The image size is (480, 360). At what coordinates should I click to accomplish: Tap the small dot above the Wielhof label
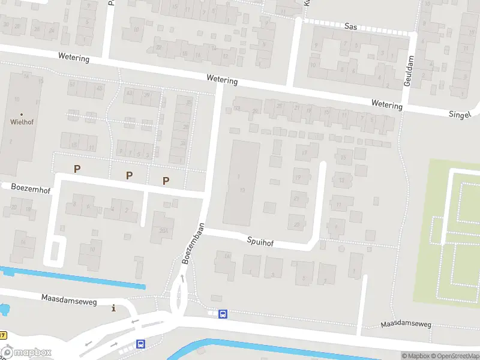(22, 114)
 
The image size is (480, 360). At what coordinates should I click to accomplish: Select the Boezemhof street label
(31, 187)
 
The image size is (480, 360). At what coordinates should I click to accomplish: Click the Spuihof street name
(260, 241)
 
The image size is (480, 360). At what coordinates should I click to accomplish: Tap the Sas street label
(351, 26)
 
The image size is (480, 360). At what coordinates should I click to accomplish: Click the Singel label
(461, 114)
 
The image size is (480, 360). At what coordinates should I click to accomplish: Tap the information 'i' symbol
(114, 308)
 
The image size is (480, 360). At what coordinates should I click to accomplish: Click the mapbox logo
(26, 353)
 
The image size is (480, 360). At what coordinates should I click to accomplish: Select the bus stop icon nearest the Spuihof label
(223, 314)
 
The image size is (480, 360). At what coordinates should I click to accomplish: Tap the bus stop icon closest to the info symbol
(140, 344)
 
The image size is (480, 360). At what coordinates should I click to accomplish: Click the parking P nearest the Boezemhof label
(77, 169)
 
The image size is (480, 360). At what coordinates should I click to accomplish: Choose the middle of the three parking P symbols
(129, 175)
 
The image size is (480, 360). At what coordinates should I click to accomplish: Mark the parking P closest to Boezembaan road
(166, 180)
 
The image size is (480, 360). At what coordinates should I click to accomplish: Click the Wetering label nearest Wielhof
(74, 58)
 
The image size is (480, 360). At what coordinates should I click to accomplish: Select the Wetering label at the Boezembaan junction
(222, 80)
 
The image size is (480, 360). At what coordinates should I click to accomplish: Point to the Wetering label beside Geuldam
(386, 105)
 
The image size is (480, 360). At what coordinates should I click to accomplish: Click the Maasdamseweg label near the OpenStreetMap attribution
(406, 325)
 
